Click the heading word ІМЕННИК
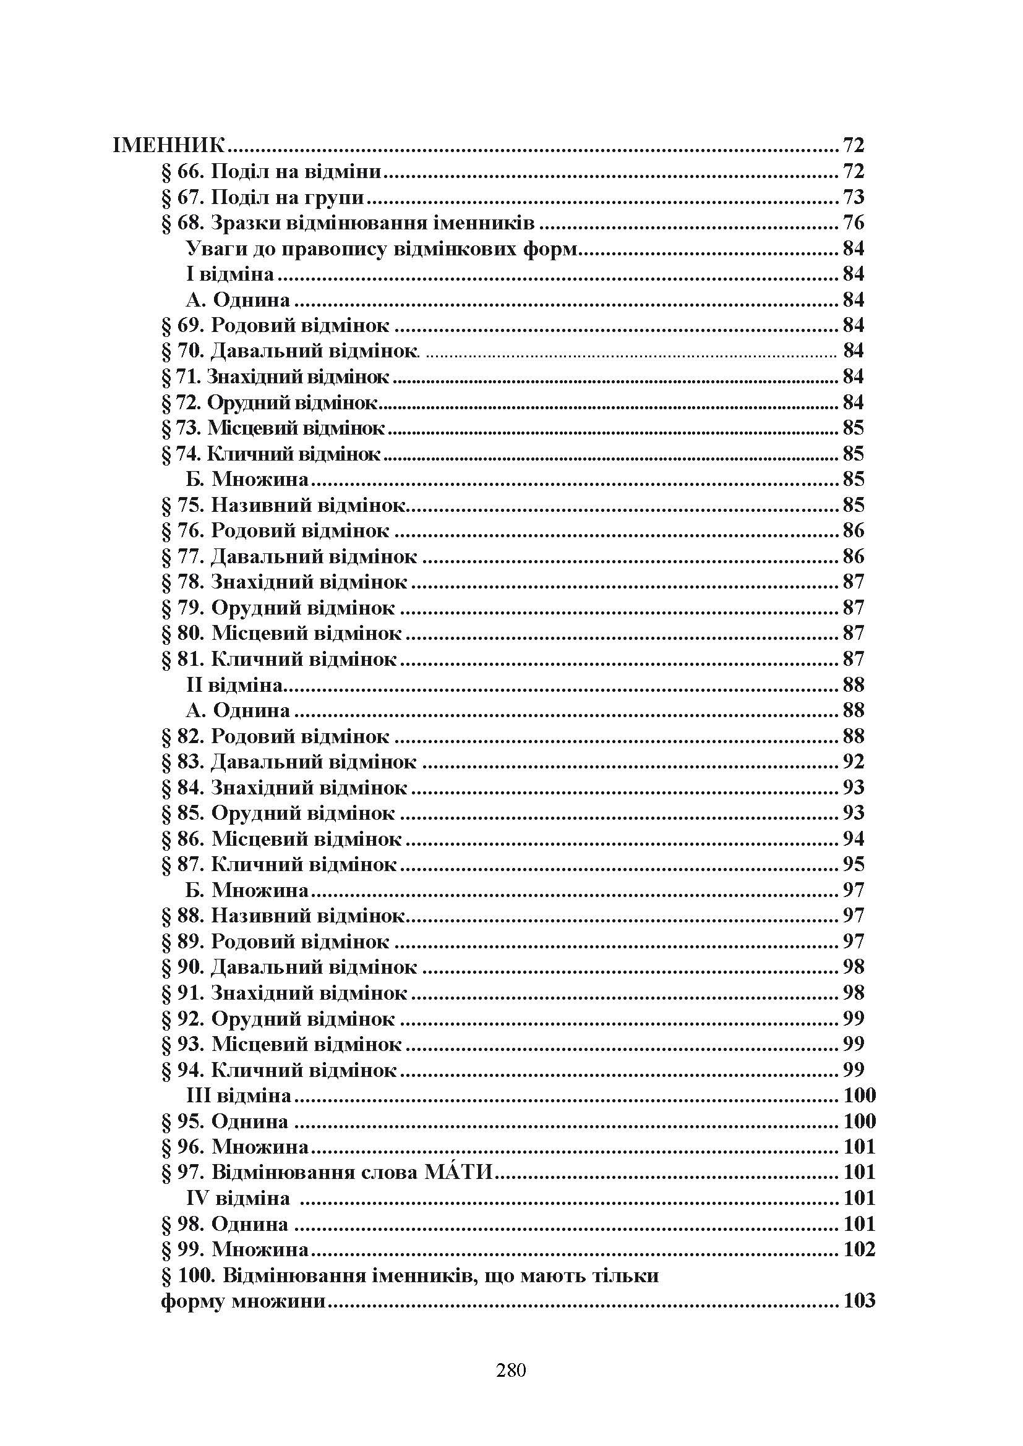tap(168, 146)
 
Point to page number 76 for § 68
tap(854, 223)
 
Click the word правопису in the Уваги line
tap(333, 249)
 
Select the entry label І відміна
tap(230, 274)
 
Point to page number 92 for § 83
tap(854, 762)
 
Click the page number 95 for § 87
tap(854, 865)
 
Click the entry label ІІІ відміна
tap(239, 1096)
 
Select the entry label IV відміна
tap(238, 1198)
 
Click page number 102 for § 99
tap(859, 1249)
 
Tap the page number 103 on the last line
tap(859, 1301)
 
